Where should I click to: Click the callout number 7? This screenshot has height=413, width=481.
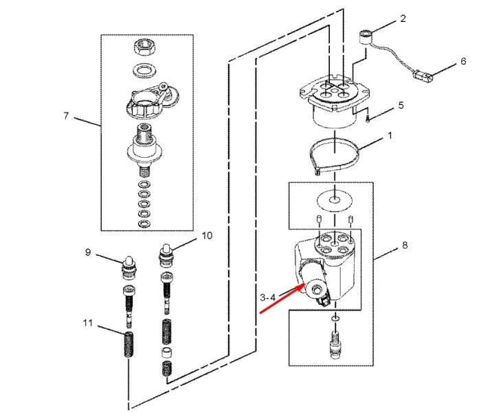click(x=66, y=116)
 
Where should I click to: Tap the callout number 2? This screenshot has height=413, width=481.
click(x=403, y=19)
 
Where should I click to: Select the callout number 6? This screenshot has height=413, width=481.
click(x=463, y=61)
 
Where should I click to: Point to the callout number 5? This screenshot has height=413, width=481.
click(x=401, y=106)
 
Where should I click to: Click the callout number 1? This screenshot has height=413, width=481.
click(x=390, y=135)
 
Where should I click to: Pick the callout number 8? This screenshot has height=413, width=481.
click(x=405, y=245)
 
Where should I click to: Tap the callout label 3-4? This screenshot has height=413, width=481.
click(x=268, y=297)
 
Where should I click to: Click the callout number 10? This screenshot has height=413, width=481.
click(x=207, y=235)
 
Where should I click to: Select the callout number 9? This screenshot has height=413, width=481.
click(x=88, y=252)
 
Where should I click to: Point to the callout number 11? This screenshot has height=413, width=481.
click(x=88, y=323)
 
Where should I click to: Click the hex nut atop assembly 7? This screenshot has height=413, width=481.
click(x=144, y=48)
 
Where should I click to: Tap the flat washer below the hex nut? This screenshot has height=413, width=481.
click(x=146, y=71)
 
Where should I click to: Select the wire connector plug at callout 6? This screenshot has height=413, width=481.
click(x=423, y=75)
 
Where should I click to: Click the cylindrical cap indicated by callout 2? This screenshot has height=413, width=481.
click(x=365, y=37)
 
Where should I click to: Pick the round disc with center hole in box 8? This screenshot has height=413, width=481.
click(x=335, y=201)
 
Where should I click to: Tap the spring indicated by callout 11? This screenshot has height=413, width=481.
click(x=129, y=344)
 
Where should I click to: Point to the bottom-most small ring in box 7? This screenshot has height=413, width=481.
click(x=144, y=224)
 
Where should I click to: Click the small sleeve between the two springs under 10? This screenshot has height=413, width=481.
click(x=166, y=353)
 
